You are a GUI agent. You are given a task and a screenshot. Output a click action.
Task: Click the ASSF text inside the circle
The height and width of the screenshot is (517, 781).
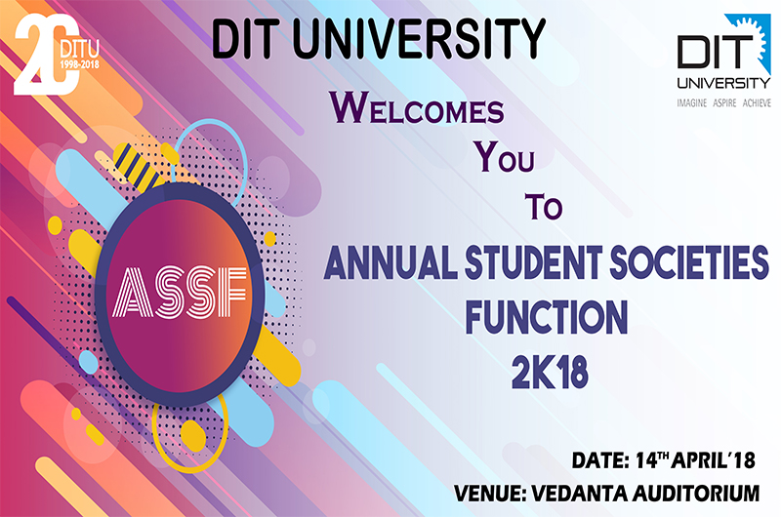180,292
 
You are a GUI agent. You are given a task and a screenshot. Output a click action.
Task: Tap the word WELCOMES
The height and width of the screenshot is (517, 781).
417,107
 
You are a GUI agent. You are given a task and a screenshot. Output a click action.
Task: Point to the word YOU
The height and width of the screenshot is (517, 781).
504,157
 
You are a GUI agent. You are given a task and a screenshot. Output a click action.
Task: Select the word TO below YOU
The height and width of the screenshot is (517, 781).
544,207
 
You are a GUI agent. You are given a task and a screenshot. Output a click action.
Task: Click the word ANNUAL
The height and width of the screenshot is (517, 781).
390,261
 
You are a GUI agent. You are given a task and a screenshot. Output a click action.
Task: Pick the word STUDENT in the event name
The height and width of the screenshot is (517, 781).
533,261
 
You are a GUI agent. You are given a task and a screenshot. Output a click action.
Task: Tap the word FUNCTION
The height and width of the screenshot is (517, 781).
547,316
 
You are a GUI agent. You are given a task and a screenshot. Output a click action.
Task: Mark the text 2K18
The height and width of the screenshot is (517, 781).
550,373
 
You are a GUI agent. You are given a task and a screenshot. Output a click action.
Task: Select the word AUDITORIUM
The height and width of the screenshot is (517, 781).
696,494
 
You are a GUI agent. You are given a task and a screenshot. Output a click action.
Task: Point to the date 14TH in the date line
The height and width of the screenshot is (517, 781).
651,459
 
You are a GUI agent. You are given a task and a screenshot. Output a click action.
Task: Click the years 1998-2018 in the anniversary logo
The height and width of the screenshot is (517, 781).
80,64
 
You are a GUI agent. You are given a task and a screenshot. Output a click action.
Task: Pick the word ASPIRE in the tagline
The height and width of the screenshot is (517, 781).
724,103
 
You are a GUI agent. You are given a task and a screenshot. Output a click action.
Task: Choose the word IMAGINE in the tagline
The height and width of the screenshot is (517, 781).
691,103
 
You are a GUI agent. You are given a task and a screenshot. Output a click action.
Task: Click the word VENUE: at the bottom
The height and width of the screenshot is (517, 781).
490,494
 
